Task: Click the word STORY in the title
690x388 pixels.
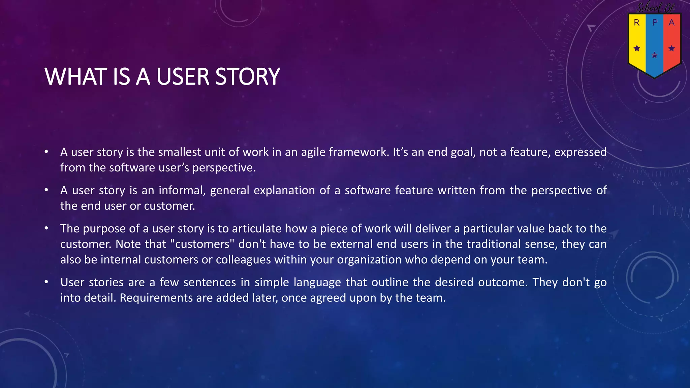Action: (x=247, y=77)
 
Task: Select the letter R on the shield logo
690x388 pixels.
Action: (x=637, y=23)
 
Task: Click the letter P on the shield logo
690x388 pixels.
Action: (x=655, y=23)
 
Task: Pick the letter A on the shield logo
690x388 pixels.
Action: (x=671, y=23)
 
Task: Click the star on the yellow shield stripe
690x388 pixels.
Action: (x=637, y=48)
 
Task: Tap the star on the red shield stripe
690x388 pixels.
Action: (x=671, y=48)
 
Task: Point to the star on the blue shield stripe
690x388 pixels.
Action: (x=654, y=55)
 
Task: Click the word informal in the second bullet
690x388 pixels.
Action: (x=182, y=191)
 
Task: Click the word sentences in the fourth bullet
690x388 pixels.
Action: (x=210, y=282)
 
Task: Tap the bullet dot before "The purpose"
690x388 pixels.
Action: (x=46, y=228)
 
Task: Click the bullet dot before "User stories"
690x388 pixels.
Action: (x=46, y=282)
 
